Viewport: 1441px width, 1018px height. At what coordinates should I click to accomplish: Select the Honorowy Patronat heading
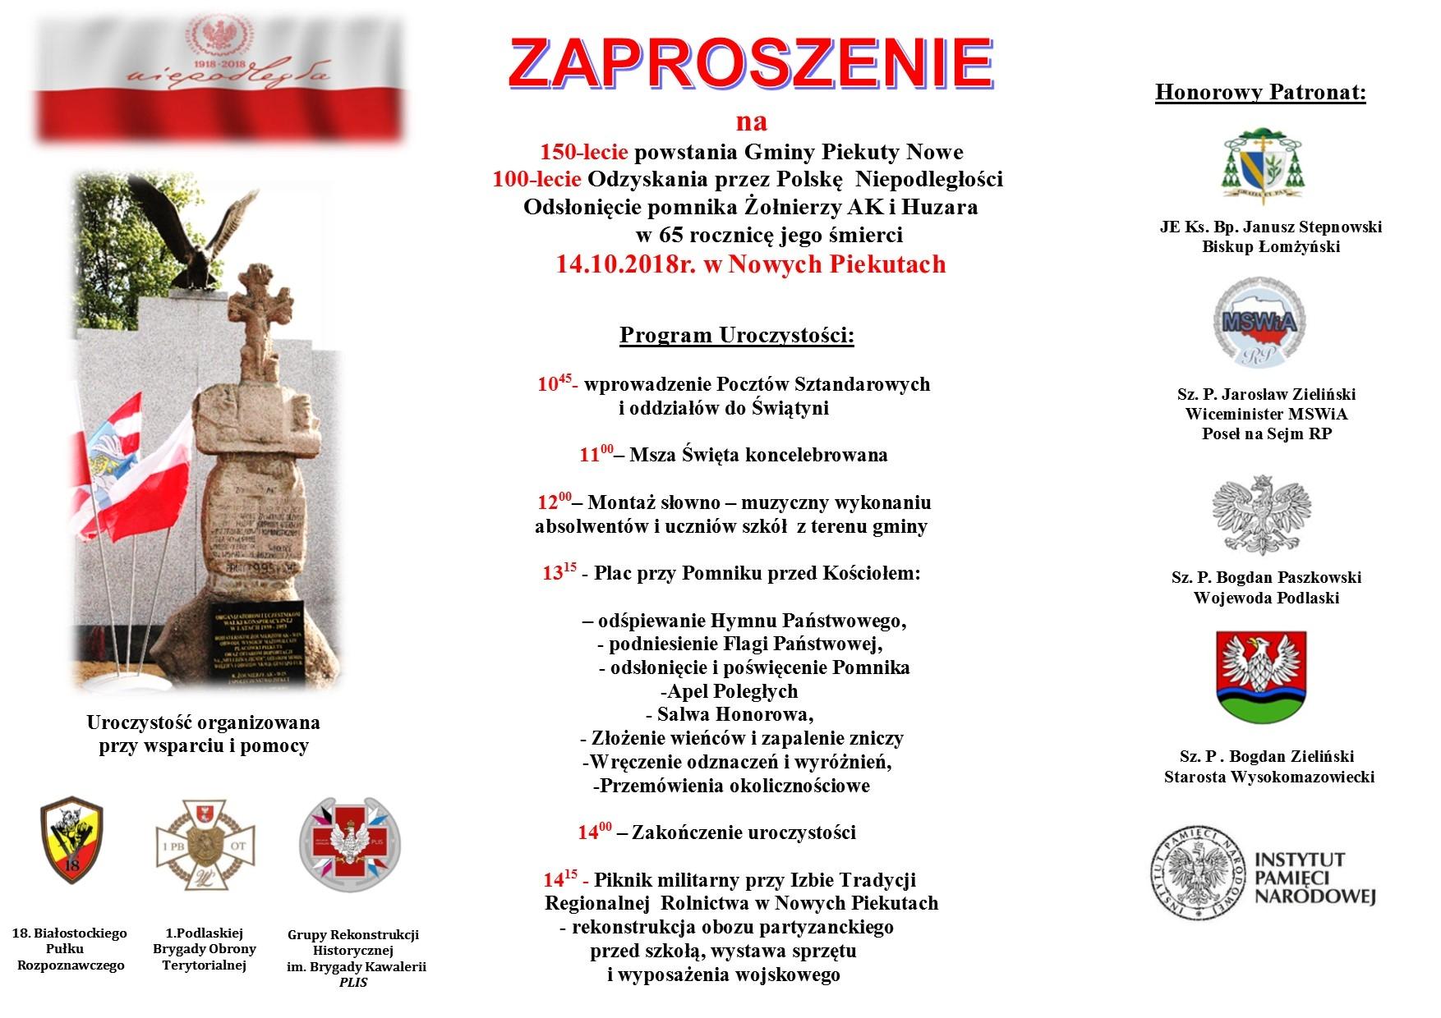tap(1260, 92)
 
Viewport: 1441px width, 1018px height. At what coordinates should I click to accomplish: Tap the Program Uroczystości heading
tap(736, 336)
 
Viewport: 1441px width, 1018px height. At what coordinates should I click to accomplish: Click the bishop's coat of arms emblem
tap(1264, 166)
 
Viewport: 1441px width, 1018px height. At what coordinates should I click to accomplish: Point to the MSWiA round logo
tap(1259, 323)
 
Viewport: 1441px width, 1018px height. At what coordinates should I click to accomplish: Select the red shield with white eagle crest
tap(1260, 676)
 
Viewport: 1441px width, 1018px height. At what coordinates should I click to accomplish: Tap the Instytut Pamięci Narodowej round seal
tap(1197, 873)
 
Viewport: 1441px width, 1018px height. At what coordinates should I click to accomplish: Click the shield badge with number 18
tap(71, 839)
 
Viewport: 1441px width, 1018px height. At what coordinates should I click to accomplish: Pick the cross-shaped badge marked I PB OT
tap(205, 846)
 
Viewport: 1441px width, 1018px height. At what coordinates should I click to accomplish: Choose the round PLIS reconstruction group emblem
tap(350, 844)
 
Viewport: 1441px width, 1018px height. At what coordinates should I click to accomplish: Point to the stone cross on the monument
tap(261, 319)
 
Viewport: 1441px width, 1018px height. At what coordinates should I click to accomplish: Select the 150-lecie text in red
tap(583, 152)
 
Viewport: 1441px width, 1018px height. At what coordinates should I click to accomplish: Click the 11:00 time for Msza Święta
tap(596, 454)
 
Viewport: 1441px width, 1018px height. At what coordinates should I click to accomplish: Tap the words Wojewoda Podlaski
tap(1266, 598)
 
